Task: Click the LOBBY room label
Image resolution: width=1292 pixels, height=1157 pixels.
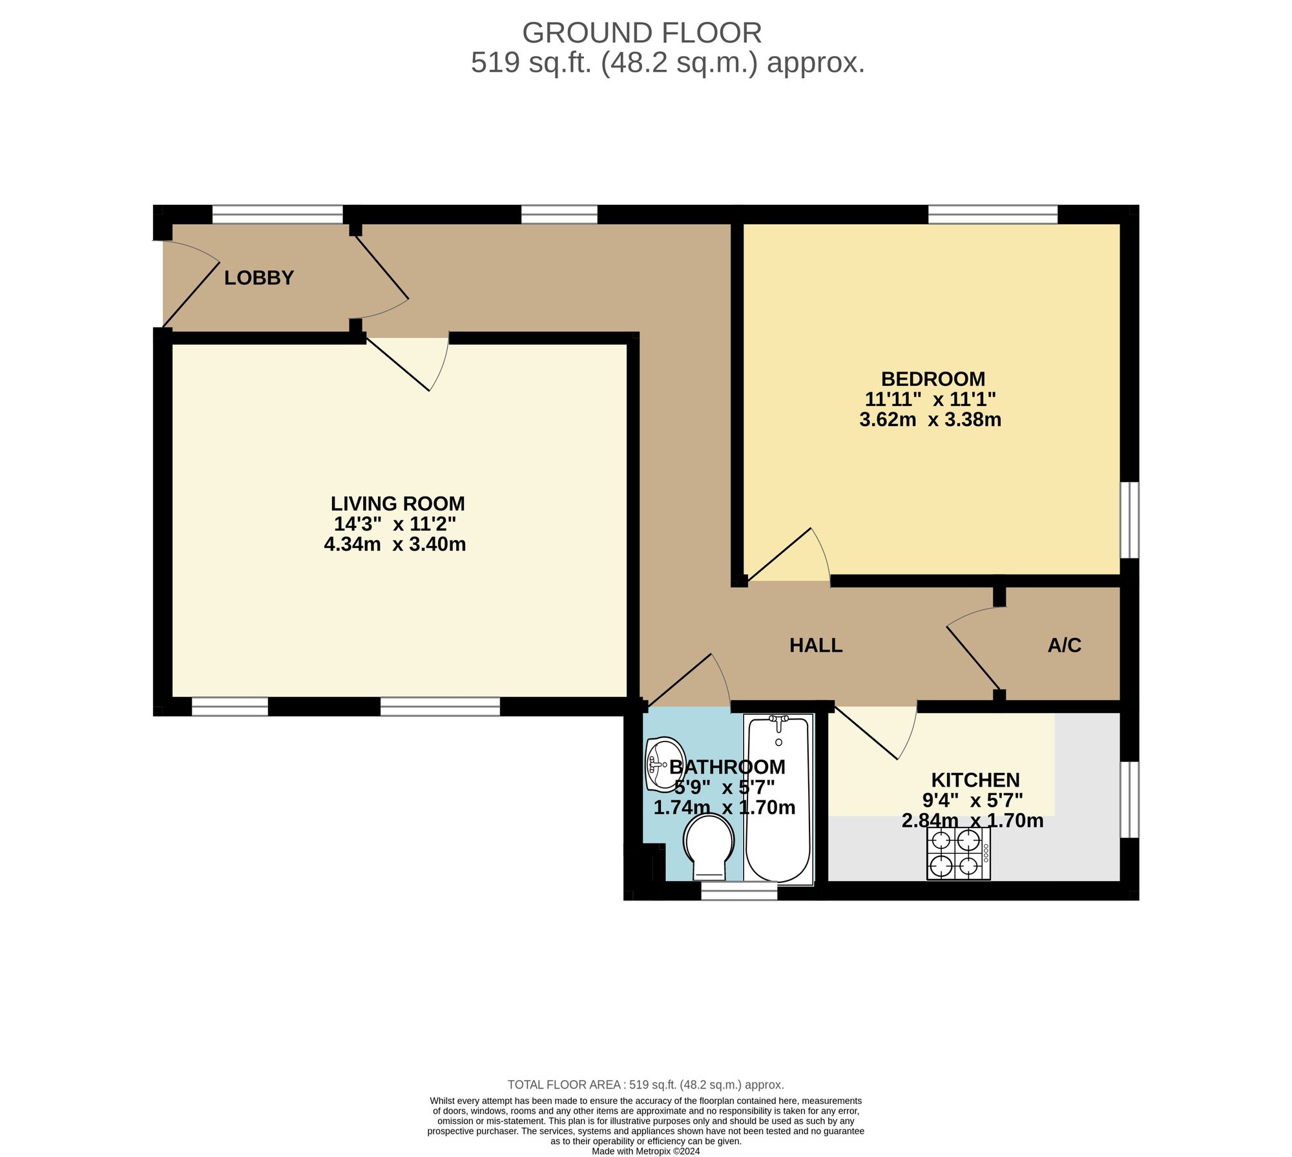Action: point(259,278)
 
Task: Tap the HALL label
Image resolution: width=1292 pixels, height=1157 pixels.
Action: point(816,645)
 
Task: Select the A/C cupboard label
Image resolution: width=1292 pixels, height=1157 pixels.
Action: point(1065,645)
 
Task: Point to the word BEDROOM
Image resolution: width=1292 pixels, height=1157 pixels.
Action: point(933,379)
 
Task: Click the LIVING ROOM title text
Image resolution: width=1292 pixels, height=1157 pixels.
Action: point(398,504)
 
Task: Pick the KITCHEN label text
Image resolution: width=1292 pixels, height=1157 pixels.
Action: point(975,780)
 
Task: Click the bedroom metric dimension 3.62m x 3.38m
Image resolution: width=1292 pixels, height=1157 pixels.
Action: point(930,419)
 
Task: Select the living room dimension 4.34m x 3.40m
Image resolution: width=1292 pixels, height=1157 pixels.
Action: point(395,544)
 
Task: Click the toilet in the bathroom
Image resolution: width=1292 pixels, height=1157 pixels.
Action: point(709,846)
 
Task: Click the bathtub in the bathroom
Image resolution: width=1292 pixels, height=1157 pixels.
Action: point(778,799)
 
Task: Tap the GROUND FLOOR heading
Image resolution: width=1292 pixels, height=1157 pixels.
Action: point(641,32)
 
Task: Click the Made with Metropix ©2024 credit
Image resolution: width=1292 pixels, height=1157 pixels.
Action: point(645,1151)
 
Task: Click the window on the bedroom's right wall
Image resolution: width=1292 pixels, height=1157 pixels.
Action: point(1129,520)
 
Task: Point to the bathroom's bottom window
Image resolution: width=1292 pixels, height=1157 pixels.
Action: point(739,891)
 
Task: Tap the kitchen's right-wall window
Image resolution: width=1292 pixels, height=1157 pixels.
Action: point(1129,800)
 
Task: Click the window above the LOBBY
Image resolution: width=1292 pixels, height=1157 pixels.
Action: point(278,215)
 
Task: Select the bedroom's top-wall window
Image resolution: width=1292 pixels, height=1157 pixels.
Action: point(993,215)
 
